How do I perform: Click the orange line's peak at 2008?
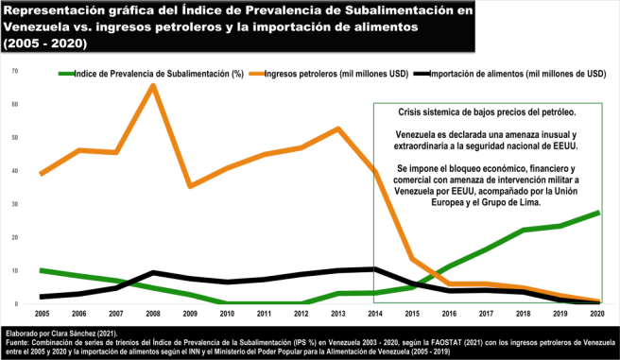point(153,86)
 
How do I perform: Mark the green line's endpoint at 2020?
point(597,213)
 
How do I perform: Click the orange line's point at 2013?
point(338,129)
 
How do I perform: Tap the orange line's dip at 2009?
point(190,186)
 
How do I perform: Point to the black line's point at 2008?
point(153,273)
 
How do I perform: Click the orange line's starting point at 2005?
point(43,174)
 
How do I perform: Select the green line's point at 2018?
point(524,230)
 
